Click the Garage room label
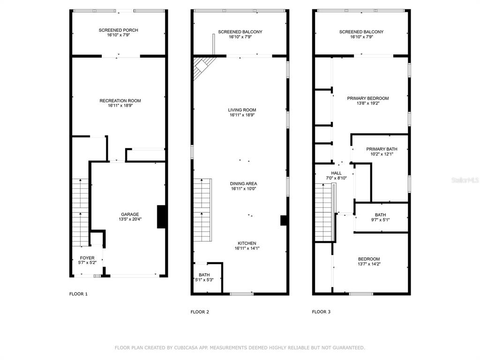130,217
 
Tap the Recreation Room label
120,103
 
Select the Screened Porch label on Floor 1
119,32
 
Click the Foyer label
87,260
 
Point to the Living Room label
242,112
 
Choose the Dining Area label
243,186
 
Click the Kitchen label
247,246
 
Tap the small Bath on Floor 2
204,277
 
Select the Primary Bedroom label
367,101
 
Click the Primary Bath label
382,151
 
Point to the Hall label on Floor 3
336,175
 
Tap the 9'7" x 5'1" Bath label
380,217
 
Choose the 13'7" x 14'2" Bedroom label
369,261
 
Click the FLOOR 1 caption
78,294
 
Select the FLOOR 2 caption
200,312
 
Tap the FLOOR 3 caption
321,312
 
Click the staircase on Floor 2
202,210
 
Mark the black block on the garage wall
162,217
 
